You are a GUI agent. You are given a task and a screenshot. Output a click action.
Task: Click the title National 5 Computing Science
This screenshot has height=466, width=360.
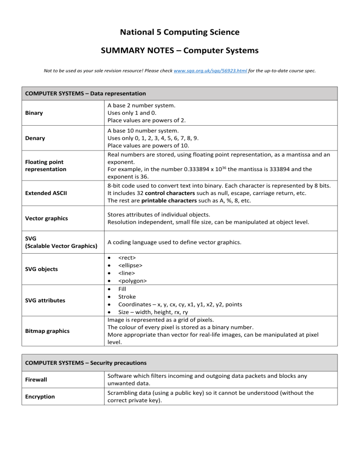tap(180, 32)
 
